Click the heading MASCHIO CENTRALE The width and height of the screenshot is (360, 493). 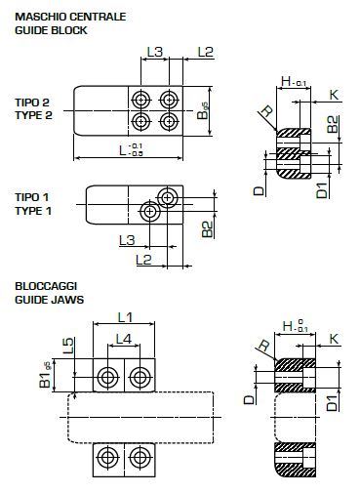pyautogui.click(x=70, y=17)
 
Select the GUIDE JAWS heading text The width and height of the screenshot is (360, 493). pyautogui.click(x=49, y=300)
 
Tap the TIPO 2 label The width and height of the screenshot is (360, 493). pyautogui.click(x=32, y=103)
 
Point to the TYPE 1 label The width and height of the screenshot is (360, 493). pyautogui.click(x=33, y=211)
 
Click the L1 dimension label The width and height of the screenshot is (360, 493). pyautogui.click(x=125, y=317)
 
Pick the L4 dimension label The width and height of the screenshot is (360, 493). pyautogui.click(x=124, y=339)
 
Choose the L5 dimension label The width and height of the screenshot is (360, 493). pyautogui.click(x=68, y=346)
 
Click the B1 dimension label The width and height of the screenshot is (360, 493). pyautogui.click(x=45, y=375)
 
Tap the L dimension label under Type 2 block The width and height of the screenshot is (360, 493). pyautogui.click(x=131, y=150)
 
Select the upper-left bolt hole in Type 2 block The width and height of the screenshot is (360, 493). pyautogui.click(x=140, y=99)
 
